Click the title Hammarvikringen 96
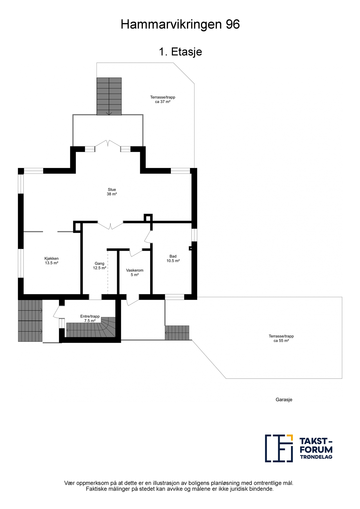(180, 24)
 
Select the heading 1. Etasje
(180, 52)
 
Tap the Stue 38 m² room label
(112, 192)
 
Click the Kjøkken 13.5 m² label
(52, 261)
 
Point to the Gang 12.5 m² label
(99, 266)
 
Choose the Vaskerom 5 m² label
(135, 273)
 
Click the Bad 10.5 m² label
(173, 258)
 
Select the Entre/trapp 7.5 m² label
(90, 318)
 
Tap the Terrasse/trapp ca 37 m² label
(163, 100)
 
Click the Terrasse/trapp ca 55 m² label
(281, 338)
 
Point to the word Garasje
(284, 400)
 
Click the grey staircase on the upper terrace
(109, 96)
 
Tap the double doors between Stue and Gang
(110, 226)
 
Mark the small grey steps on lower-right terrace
(177, 333)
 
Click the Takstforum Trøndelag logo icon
(279, 448)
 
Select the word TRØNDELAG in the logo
(316, 457)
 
